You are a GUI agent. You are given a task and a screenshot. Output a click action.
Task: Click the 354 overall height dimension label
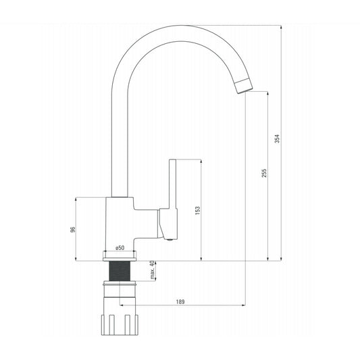[278, 139]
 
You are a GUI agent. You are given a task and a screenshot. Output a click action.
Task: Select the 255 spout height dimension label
[264, 173]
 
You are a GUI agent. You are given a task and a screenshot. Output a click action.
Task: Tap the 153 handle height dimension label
[197, 210]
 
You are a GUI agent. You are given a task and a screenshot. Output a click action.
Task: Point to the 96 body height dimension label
[72, 230]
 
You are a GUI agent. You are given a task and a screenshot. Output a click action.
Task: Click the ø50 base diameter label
[120, 248]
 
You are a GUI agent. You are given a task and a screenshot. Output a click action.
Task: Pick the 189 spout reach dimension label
[180, 302]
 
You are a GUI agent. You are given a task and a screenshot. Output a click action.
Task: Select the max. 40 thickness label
[152, 270]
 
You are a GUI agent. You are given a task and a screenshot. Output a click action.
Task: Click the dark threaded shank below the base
[120, 271]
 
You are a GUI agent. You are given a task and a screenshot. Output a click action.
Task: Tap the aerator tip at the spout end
[245, 86]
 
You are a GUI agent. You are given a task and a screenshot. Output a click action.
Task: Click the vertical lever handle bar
[173, 184]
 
